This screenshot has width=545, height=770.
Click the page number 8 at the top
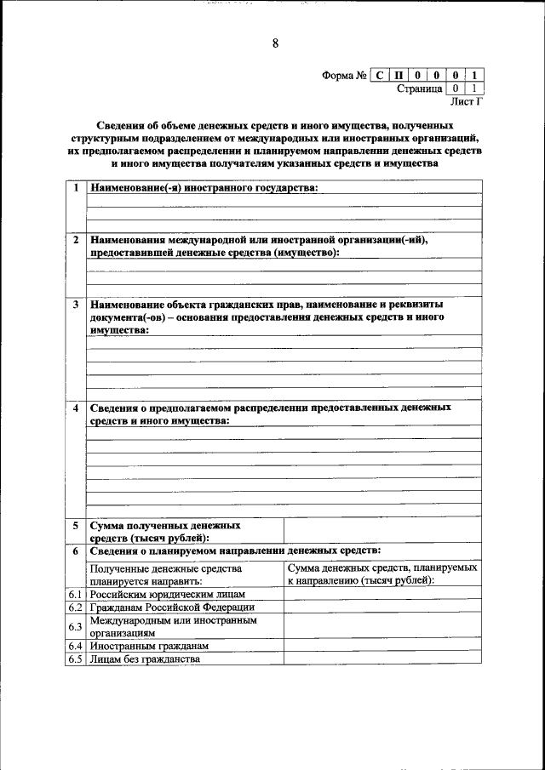(275, 44)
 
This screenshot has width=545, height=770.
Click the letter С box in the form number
(380, 75)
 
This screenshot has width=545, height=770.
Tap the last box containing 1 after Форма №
(474, 75)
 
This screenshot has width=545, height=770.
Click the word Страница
(419, 88)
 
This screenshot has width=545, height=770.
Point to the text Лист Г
(467, 101)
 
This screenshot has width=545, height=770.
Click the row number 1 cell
(76, 188)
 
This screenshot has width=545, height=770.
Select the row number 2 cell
(76, 240)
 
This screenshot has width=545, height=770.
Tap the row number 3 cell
(76, 304)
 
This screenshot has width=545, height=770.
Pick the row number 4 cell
(76, 408)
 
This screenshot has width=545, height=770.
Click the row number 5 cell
(76, 526)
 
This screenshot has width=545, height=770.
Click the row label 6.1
(75, 594)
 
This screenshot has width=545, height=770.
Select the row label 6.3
(75, 627)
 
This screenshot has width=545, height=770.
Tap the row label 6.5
(75, 659)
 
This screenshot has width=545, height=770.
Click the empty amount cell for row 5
(382, 532)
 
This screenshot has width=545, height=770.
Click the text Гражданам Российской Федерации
(173, 607)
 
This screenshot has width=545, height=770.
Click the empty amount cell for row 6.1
(382, 594)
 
